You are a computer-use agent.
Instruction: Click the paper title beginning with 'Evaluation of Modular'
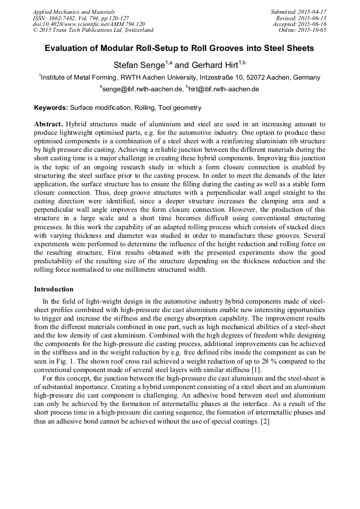coord(179,48)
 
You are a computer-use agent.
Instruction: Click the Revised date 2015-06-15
coord(311,18)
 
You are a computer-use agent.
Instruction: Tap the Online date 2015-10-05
coord(312,30)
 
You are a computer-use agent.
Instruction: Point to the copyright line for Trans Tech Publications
coord(93,30)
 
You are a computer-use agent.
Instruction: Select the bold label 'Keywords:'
coord(51,108)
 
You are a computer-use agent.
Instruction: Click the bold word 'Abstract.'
coord(49,124)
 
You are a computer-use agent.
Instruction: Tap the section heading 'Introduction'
coord(54,289)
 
